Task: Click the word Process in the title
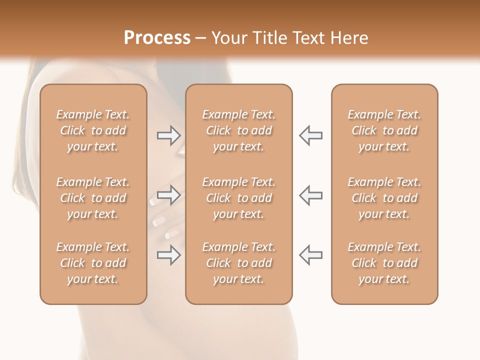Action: (157, 38)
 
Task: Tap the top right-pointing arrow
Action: (168, 135)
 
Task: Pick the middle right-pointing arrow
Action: (168, 195)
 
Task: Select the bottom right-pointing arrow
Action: (168, 255)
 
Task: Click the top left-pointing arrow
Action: (311, 135)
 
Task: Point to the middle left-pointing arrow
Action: (311, 195)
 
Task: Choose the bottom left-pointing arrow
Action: (311, 255)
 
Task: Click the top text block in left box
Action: (93, 130)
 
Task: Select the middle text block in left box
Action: (93, 198)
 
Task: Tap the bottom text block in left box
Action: (93, 263)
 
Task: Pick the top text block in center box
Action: (239, 130)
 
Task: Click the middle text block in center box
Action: (239, 198)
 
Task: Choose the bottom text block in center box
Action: (239, 263)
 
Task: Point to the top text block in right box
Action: (384, 130)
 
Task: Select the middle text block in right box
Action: (384, 198)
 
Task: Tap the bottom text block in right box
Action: (384, 263)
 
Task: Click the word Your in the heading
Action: (230, 38)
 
